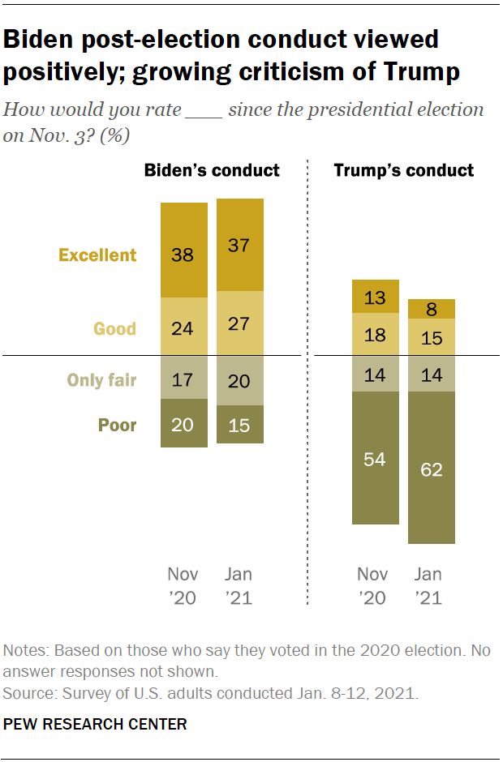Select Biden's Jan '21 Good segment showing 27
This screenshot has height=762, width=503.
(x=240, y=323)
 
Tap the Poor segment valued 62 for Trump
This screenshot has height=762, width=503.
(x=431, y=468)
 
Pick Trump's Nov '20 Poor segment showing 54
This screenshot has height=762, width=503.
(x=375, y=458)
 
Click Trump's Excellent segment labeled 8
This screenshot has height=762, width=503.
(x=431, y=309)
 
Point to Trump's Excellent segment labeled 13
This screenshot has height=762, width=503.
(x=375, y=297)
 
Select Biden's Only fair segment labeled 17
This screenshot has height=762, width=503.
(x=184, y=378)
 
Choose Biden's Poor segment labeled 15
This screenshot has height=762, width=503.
(x=240, y=424)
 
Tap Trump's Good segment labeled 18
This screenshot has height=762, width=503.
(x=375, y=334)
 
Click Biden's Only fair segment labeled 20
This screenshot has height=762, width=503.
(x=240, y=380)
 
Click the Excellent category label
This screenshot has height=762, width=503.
(x=97, y=255)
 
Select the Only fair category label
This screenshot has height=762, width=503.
(x=101, y=379)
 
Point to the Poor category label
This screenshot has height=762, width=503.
(x=117, y=425)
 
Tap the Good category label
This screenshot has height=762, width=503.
(x=114, y=329)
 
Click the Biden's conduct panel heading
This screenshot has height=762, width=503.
(x=212, y=170)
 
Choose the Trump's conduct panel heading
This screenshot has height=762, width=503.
(x=404, y=170)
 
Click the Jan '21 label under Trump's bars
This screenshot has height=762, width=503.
(x=428, y=586)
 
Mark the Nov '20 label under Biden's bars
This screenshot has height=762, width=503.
(x=183, y=586)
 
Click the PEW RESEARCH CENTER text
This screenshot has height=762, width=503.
(x=96, y=724)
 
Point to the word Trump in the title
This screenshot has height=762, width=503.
(x=419, y=73)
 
